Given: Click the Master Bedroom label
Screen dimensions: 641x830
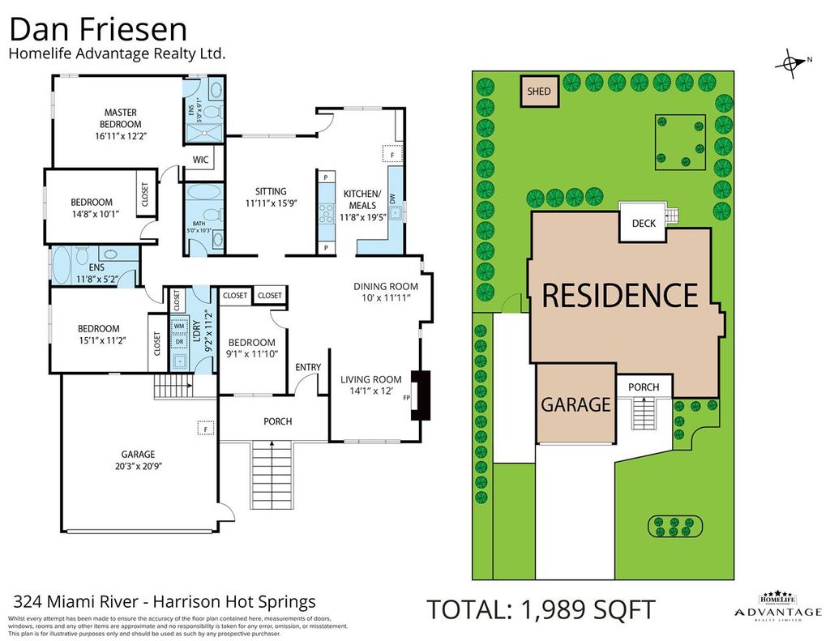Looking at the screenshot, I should pyautogui.click(x=120, y=118).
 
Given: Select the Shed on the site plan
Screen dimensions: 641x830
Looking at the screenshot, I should pyautogui.click(x=539, y=92).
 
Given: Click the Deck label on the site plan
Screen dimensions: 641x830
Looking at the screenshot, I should pyautogui.click(x=643, y=224).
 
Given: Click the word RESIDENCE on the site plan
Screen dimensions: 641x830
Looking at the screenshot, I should pyautogui.click(x=619, y=296).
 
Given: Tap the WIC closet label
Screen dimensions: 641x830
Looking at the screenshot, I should pyautogui.click(x=200, y=160).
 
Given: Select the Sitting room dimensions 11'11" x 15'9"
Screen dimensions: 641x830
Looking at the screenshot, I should pyautogui.click(x=272, y=204).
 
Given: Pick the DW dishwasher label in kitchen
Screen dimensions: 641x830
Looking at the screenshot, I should pyautogui.click(x=391, y=198).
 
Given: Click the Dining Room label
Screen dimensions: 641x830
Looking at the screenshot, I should pyautogui.click(x=386, y=286).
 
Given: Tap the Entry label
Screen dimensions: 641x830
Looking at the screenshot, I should pyautogui.click(x=308, y=367).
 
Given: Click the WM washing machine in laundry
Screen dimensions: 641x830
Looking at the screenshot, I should pyautogui.click(x=178, y=326).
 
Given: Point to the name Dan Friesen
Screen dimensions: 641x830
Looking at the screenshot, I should pyautogui.click(x=98, y=30).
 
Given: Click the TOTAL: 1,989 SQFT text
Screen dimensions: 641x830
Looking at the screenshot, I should pyautogui.click(x=541, y=609).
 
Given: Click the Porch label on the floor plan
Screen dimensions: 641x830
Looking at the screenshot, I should pyautogui.click(x=277, y=421).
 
